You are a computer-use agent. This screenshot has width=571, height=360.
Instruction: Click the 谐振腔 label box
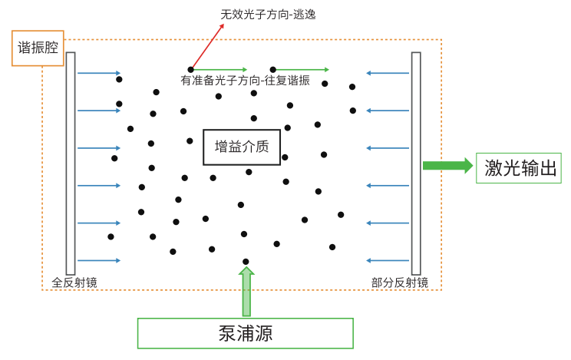click(38, 48)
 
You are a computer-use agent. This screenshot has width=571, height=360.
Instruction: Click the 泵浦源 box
click(245, 333)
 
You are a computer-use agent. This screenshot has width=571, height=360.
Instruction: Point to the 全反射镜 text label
click(74, 282)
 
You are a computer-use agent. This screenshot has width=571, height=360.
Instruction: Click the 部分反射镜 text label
click(399, 282)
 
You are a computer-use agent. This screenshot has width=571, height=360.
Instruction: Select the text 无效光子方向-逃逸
click(268, 15)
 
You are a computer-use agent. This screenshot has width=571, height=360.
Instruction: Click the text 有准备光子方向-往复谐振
click(245, 81)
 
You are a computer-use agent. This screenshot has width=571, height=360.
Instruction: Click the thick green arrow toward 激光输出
click(447, 165)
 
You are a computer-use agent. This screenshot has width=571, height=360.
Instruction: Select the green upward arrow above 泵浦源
click(246, 292)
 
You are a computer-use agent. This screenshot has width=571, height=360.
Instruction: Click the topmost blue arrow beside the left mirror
click(99, 73)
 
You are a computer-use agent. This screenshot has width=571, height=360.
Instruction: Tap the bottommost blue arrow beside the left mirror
click(99, 260)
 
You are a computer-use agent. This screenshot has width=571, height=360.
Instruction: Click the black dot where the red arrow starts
click(190, 70)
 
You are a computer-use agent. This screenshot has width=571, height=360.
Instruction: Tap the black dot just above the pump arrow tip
click(246, 262)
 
